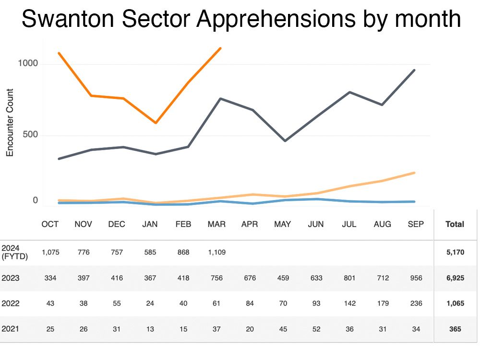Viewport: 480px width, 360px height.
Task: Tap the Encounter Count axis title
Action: coord(10,122)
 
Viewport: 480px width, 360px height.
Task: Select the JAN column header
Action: coord(149,224)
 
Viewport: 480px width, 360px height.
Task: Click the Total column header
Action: coord(455,224)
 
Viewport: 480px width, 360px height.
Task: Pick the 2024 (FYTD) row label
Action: coord(14,252)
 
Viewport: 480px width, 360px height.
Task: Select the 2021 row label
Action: coord(11,329)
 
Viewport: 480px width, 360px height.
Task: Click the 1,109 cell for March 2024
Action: coord(216,252)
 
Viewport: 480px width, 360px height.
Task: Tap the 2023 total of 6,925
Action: coord(455,278)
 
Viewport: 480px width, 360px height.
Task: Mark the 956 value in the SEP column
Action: coord(415,278)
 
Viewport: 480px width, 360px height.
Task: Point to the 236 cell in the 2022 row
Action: coord(415,304)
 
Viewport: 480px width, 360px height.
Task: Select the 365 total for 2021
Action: coord(455,329)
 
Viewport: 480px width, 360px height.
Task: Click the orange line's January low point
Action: coord(156,123)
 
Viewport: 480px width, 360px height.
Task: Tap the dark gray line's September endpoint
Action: coord(414,70)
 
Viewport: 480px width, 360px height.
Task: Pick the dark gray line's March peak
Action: coord(220,98)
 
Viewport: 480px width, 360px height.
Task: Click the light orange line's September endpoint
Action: coord(414,173)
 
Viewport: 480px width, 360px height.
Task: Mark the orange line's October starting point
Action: coord(59,53)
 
